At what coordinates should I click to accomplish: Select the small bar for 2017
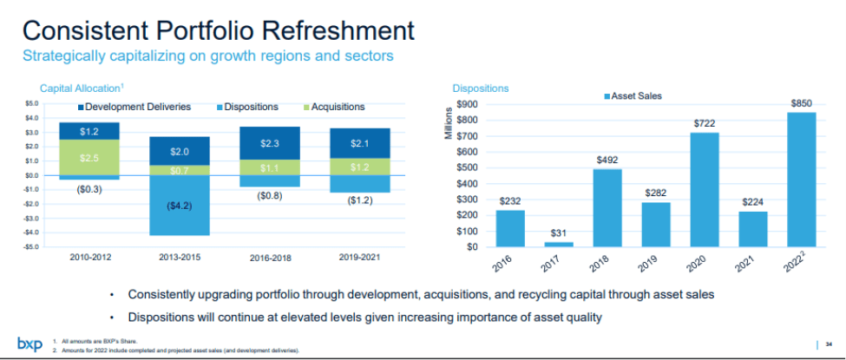[559, 244]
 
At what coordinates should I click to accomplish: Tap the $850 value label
[801, 103]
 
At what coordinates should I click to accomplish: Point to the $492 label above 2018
[607, 160]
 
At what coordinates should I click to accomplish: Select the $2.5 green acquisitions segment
[89, 158]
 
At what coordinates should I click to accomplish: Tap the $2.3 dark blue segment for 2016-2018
[269, 143]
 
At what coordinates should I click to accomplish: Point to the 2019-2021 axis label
[358, 258]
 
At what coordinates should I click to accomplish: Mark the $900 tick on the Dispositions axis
[468, 104]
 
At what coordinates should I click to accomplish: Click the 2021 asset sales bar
[752, 229]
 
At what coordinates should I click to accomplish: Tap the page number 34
[830, 344]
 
